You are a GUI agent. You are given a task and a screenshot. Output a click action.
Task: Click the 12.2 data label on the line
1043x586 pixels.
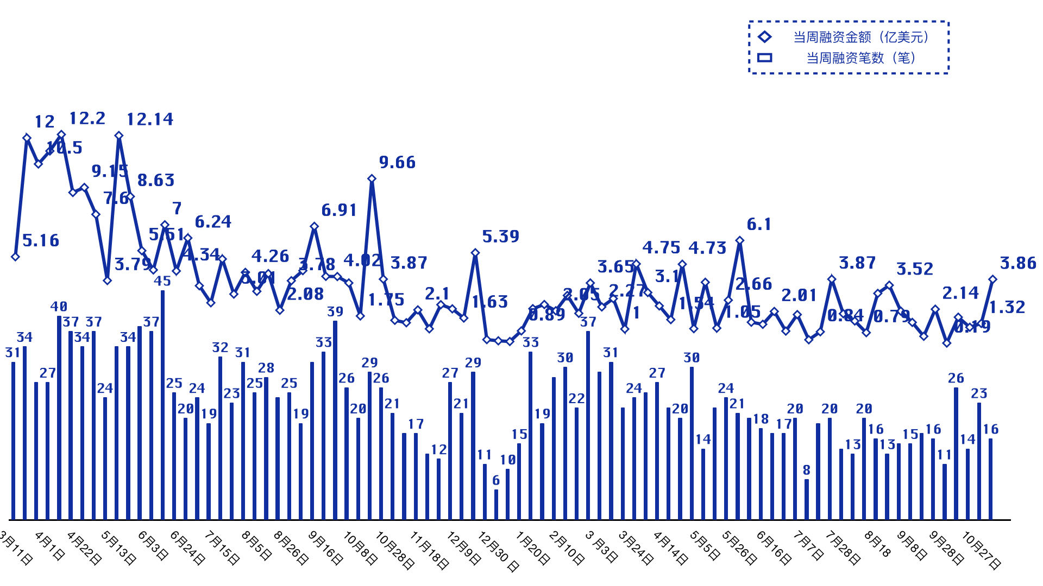click(x=87, y=118)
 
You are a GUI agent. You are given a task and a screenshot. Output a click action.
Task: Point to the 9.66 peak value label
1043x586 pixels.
click(x=397, y=162)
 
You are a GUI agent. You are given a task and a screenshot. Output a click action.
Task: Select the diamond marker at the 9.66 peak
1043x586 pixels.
click(x=372, y=179)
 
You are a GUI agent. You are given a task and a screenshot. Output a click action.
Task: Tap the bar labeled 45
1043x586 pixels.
click(x=162, y=404)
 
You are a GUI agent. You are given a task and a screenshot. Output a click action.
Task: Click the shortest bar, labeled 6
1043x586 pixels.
click(x=496, y=504)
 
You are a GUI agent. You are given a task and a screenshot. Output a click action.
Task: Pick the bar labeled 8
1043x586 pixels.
click(x=807, y=499)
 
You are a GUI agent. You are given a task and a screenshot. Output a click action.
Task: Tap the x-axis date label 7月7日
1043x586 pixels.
click(x=808, y=546)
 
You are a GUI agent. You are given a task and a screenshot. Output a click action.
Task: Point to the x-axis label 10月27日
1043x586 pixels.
click(x=981, y=550)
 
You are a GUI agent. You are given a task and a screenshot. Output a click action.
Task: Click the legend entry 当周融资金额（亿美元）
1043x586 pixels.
click(x=861, y=37)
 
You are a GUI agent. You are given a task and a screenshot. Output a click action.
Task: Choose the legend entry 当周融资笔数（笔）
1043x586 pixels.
click(x=861, y=58)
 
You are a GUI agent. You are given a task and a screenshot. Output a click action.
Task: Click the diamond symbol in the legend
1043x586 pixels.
click(x=764, y=37)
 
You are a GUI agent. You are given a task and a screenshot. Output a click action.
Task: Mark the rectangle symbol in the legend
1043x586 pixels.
click(x=764, y=58)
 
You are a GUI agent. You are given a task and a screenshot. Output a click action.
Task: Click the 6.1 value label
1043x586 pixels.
click(x=759, y=224)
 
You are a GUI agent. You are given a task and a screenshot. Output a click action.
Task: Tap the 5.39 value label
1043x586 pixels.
click(x=500, y=237)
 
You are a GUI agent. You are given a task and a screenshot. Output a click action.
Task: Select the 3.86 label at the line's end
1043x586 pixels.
click(x=1018, y=263)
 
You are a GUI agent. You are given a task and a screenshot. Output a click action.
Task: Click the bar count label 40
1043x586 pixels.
click(x=59, y=307)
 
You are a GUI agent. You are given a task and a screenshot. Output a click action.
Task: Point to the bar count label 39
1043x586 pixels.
click(x=335, y=311)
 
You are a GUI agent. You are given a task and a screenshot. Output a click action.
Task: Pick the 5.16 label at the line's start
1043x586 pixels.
click(x=41, y=241)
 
